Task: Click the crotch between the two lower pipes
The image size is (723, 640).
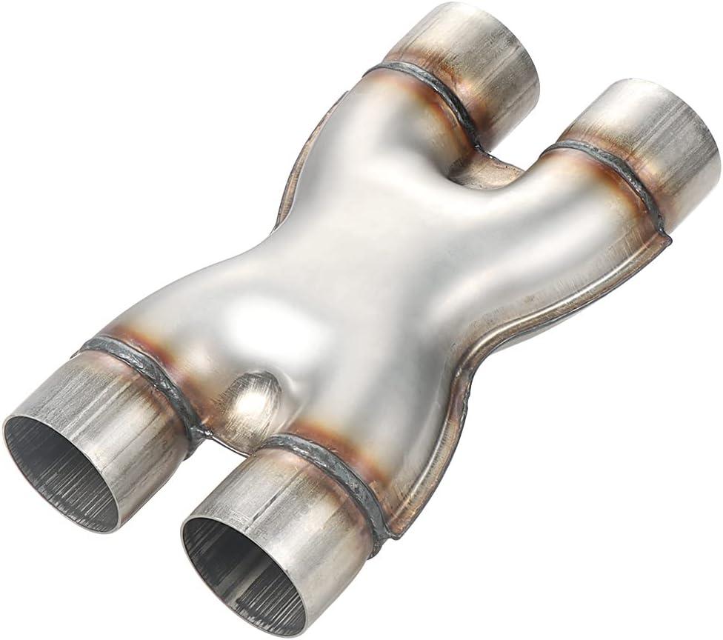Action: (215, 437)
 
